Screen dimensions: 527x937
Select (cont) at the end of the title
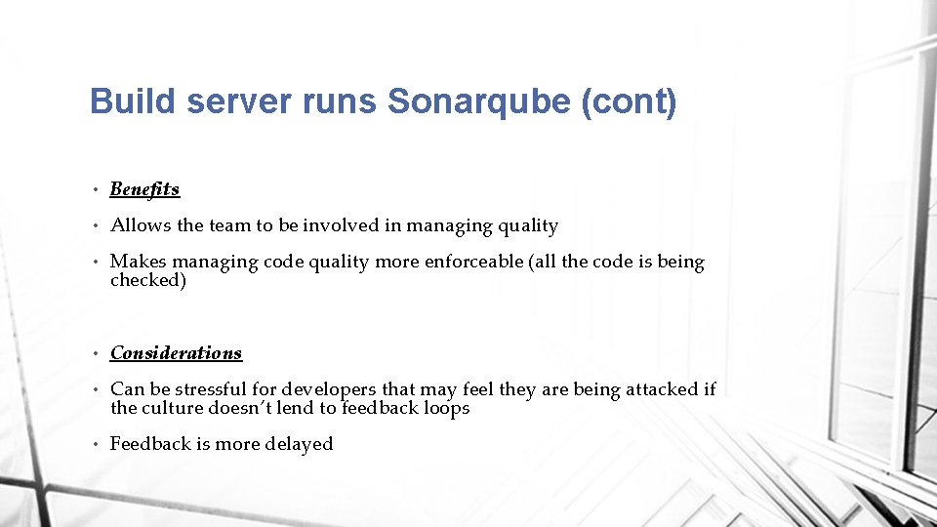(x=629, y=101)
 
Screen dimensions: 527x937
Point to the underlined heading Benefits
(x=144, y=188)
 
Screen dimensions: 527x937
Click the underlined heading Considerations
(x=176, y=352)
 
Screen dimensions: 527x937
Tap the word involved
(x=341, y=225)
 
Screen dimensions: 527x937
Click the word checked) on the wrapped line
(x=147, y=280)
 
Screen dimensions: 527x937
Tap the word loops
(x=447, y=408)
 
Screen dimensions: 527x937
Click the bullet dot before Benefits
(x=100, y=189)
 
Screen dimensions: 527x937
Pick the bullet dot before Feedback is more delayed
(x=100, y=445)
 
